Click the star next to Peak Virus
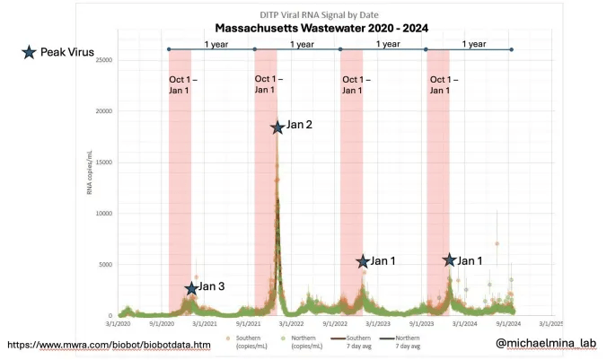pyautogui.click(x=31, y=52)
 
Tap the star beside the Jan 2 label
pyautogui.click(x=277, y=127)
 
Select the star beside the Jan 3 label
pyautogui.click(x=190, y=287)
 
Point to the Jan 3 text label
pyautogui.click(x=212, y=287)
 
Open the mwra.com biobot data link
pyautogui.click(x=109, y=345)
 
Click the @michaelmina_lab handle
pyautogui.click(x=545, y=343)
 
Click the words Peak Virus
pyautogui.click(x=66, y=52)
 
